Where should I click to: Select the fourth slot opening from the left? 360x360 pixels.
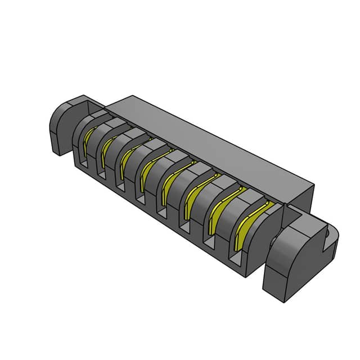(142, 197)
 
